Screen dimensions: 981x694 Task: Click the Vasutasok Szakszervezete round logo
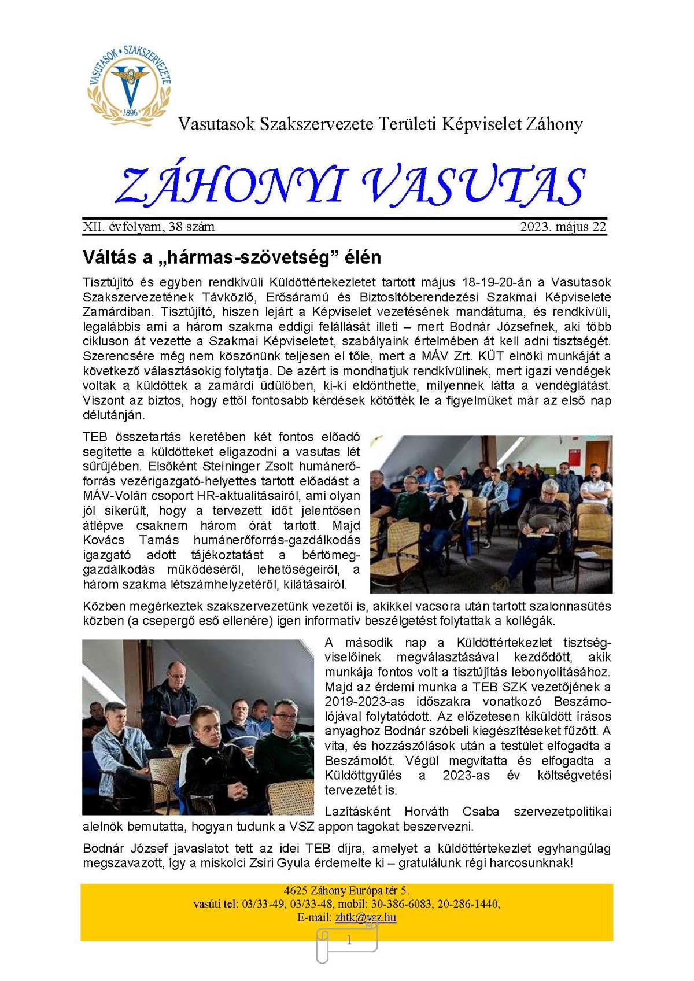click(x=130, y=81)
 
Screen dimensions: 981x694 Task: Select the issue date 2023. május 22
click(x=563, y=227)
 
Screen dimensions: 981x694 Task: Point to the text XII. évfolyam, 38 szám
click(x=149, y=227)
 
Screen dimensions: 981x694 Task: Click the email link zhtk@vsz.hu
click(x=366, y=917)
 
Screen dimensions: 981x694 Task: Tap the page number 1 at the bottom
click(x=349, y=941)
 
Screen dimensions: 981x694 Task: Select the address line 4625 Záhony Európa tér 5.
click(x=346, y=891)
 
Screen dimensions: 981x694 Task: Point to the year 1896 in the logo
click(x=130, y=112)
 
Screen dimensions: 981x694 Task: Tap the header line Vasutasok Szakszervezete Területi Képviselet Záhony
click(x=380, y=124)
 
